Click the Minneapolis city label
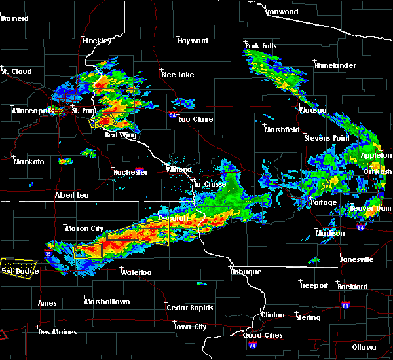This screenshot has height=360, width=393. [33, 111]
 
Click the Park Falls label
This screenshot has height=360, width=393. [261, 45]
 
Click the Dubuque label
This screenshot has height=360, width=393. [246, 272]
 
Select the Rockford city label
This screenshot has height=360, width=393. [353, 287]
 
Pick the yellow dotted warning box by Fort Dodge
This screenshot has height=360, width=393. [16, 267]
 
